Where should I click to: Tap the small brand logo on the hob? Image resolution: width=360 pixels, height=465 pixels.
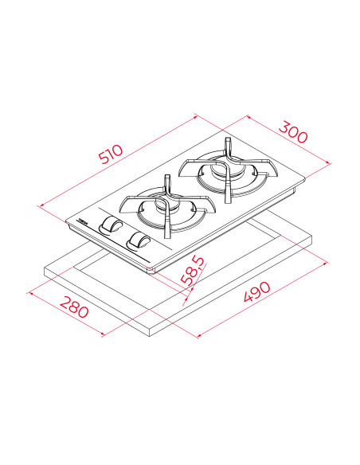pyautogui.click(x=83, y=218)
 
